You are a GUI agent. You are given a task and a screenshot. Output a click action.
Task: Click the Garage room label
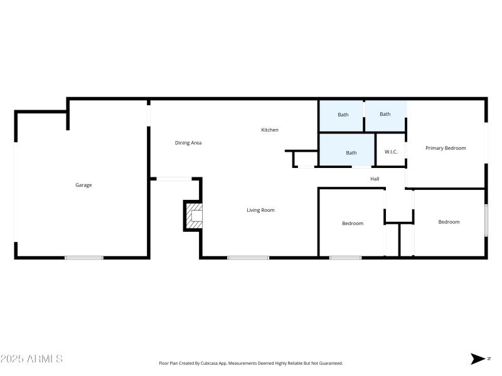(83, 185)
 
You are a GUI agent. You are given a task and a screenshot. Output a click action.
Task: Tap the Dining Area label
(188, 143)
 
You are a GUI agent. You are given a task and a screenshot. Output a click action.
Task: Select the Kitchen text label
(270, 130)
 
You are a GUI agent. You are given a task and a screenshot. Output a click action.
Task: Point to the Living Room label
(260, 210)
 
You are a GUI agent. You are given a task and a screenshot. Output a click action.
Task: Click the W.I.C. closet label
(391, 152)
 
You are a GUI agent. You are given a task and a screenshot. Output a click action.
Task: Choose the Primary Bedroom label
(446, 148)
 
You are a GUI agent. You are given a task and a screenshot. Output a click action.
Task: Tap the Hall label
(375, 179)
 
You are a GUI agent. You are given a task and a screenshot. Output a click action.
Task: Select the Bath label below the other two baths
(351, 153)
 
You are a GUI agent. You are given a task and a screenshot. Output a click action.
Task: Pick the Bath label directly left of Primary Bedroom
(385, 114)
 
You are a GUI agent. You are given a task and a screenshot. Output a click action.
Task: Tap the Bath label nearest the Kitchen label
(343, 115)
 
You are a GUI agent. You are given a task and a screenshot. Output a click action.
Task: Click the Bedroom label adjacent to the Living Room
(352, 223)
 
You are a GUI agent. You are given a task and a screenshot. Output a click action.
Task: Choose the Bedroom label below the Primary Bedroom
(449, 222)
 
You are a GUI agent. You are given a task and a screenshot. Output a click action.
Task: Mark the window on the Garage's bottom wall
(84, 257)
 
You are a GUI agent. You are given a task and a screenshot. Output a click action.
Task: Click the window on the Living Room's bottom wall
(248, 257)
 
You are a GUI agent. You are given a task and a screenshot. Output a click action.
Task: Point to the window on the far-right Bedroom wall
(486, 220)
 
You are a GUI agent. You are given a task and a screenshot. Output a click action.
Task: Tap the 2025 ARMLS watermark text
(31, 359)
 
